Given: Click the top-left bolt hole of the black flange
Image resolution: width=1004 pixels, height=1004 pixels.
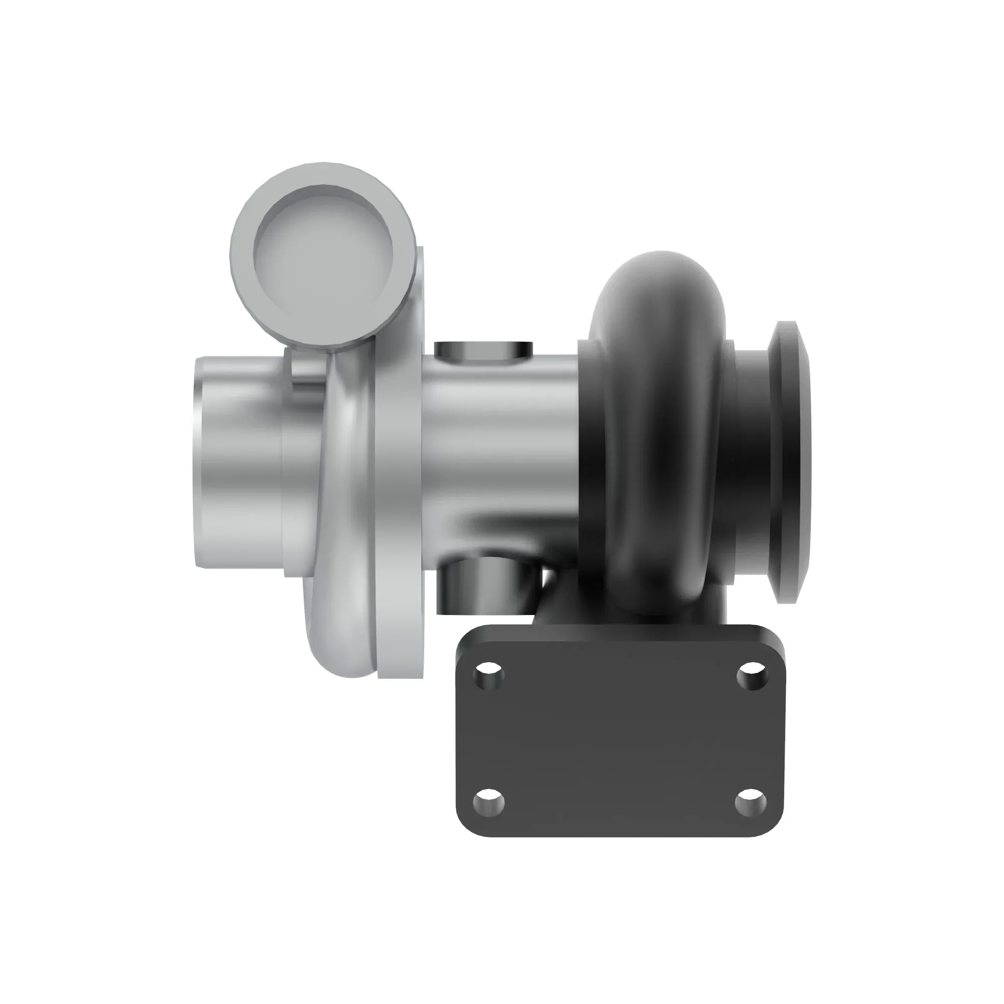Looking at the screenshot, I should (x=489, y=676).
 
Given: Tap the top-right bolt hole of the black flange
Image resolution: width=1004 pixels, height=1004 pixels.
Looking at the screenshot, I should (x=752, y=676).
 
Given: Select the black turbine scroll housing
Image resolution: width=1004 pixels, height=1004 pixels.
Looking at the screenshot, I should (x=658, y=416).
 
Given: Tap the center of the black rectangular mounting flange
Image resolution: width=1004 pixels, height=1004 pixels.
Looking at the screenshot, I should (x=620, y=748).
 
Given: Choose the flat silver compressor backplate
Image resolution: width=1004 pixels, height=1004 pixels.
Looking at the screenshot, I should (x=399, y=468).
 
